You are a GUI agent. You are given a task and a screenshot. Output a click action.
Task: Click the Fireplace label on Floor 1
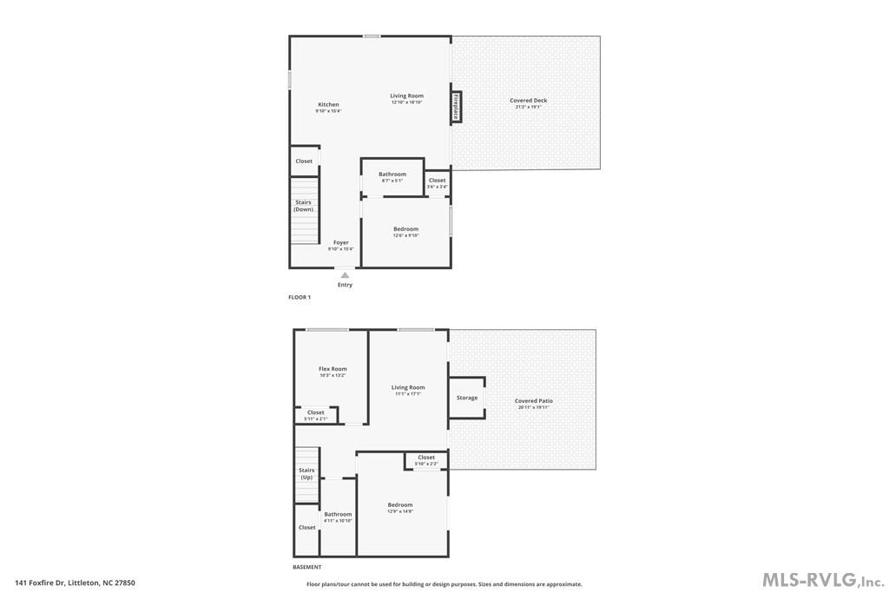pos(456,107)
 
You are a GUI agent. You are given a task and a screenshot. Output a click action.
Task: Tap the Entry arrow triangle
pos(345,275)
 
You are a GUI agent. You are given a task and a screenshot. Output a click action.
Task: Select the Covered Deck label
pos(528,101)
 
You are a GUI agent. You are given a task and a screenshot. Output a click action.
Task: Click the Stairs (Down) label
pos(303,206)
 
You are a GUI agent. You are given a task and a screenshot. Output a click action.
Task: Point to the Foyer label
pos(341,243)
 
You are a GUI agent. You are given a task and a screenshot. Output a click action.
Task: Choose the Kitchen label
pos(328,104)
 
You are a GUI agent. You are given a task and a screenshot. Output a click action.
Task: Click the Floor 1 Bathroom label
pos(392,174)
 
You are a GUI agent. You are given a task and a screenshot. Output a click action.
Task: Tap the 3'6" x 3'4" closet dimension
pos(437,187)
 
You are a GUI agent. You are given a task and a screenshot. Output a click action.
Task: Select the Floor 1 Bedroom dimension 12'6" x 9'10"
pos(405,235)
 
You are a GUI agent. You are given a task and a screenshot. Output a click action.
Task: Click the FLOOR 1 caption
pos(300,297)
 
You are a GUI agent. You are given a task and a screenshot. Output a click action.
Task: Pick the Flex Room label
pos(333,369)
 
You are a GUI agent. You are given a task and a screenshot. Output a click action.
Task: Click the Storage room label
pos(467,398)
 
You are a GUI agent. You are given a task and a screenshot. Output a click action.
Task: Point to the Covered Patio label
pos(534,401)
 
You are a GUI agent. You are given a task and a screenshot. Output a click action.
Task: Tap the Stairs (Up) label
pos(306,473)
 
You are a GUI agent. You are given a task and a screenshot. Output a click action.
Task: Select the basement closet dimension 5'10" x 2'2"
pos(426,464)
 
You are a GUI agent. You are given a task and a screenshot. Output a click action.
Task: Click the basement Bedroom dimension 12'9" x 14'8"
pos(400,511)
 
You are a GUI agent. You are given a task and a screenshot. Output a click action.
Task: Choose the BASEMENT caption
pos(307,567)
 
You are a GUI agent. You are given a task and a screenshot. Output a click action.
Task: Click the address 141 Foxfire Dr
pos(40,583)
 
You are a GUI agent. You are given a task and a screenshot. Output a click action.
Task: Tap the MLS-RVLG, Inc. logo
pos(822,579)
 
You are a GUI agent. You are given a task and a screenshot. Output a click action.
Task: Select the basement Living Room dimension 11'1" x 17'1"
pos(408,394)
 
